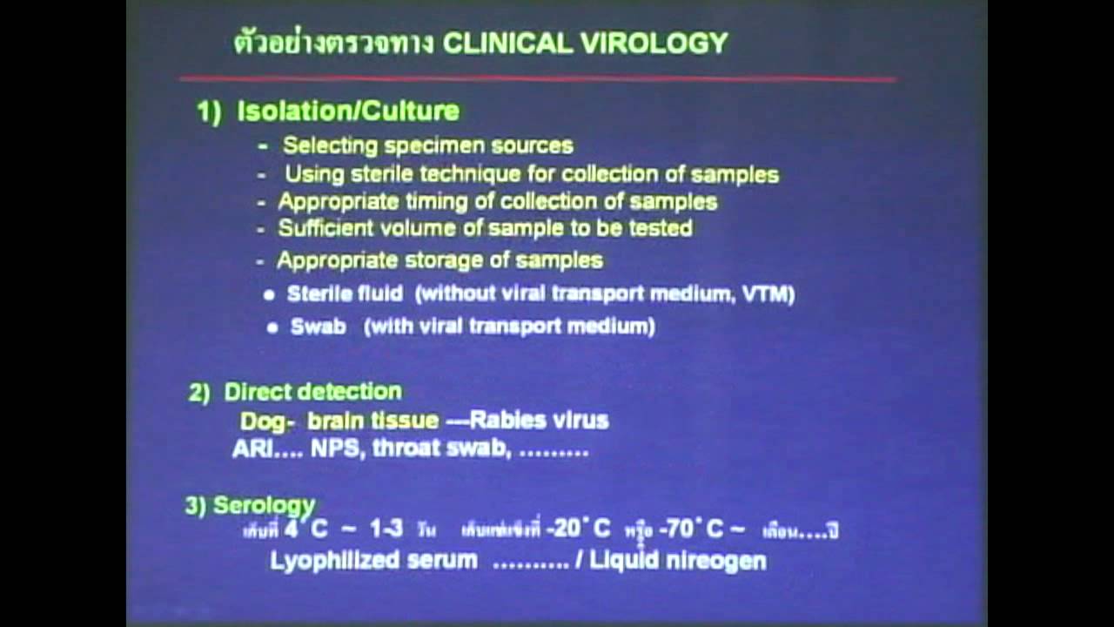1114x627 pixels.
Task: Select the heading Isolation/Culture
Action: click(x=348, y=111)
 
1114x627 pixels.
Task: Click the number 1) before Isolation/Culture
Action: click(x=210, y=111)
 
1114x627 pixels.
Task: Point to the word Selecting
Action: click(x=328, y=145)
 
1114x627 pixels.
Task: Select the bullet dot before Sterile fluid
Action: click(x=269, y=295)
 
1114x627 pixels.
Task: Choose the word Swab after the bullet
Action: click(x=318, y=327)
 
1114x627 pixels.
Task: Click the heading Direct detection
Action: click(x=313, y=392)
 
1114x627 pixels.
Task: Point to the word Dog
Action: click(x=262, y=421)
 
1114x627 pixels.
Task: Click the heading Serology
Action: click(x=264, y=506)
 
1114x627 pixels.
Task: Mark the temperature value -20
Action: click(x=567, y=529)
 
